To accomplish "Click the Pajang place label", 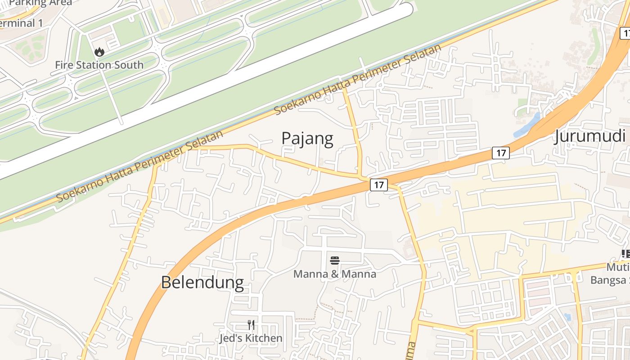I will click(x=307, y=138).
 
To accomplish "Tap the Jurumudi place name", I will click(x=590, y=135).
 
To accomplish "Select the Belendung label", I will click(x=202, y=282).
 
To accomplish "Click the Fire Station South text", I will click(x=99, y=65).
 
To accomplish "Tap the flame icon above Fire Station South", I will click(x=99, y=52).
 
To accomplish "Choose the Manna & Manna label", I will click(x=335, y=274).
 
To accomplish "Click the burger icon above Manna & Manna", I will click(x=335, y=261).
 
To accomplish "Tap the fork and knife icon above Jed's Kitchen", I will click(x=251, y=324).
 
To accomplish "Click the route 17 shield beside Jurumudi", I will click(x=500, y=153).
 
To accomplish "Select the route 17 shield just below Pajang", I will click(x=379, y=184).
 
